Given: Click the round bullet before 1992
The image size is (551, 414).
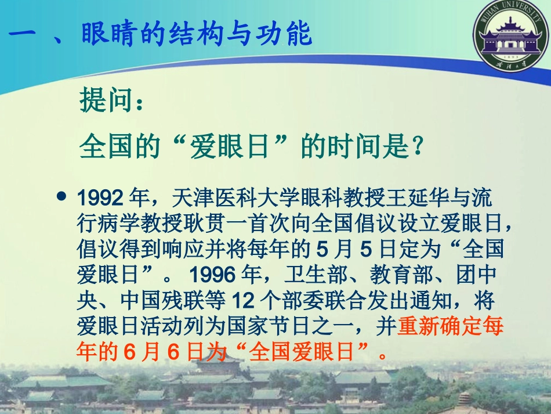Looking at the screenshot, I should [62, 196].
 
